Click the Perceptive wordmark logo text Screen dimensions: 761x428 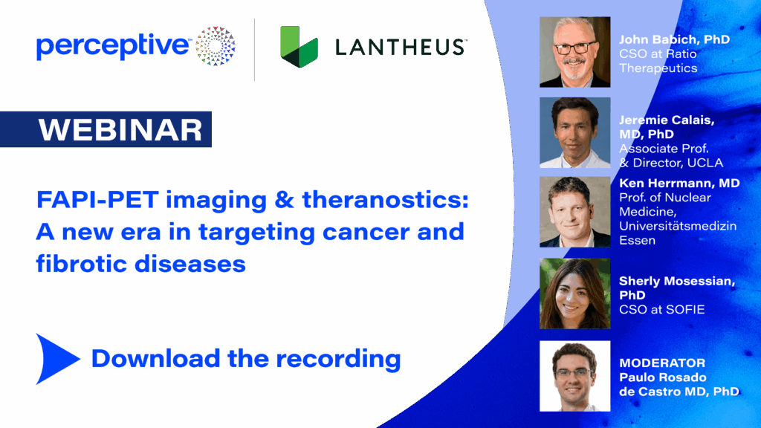click(x=113, y=47)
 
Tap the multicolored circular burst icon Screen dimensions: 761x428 click(x=216, y=46)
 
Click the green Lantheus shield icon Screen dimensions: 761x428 click(x=299, y=47)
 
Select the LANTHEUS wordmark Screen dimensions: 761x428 click(x=401, y=48)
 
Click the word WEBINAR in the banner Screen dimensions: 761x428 click(x=120, y=130)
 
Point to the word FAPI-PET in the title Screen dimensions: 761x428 click(x=97, y=200)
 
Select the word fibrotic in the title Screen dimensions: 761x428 click(x=81, y=264)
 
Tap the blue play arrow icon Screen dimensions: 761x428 click(x=57, y=359)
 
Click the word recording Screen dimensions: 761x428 click(x=338, y=359)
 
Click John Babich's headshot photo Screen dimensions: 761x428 click(x=575, y=53)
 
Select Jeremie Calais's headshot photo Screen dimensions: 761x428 click(x=575, y=132)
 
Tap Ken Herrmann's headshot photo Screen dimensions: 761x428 click(x=575, y=212)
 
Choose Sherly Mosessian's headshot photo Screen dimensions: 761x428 click(x=575, y=294)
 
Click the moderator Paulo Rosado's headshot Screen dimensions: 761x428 click(x=575, y=376)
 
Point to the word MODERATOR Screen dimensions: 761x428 click(x=662, y=363)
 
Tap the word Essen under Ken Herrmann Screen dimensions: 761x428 click(x=637, y=241)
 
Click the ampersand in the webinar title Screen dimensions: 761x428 click(x=285, y=200)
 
